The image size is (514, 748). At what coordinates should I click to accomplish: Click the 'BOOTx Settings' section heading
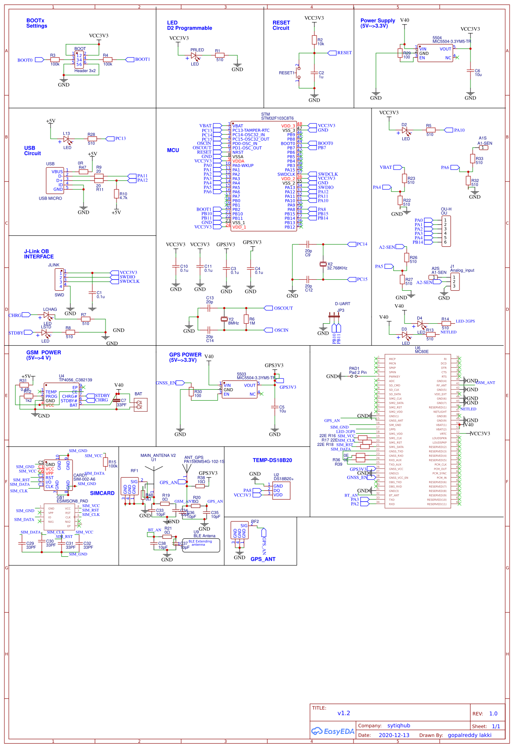coord(36,23)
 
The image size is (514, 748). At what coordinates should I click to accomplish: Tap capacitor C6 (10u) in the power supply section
coord(470,73)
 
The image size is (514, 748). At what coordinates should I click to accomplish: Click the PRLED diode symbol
coord(193,56)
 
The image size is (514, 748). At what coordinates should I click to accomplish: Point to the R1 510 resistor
coord(219,55)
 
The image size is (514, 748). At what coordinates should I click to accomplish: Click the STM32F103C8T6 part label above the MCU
coord(277,118)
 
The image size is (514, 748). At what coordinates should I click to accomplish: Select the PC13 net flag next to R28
coord(120,139)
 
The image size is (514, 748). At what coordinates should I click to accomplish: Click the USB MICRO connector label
coord(50,198)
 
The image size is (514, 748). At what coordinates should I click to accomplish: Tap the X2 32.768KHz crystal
coord(323,264)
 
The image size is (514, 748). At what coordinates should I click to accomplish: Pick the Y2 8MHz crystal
coord(224,319)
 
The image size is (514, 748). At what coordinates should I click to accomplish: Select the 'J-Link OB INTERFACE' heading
coord(39,254)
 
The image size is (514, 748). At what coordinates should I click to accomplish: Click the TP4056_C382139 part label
coord(75,380)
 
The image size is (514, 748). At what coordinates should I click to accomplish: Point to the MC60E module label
coord(421,351)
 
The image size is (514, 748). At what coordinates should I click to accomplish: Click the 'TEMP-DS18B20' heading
coord(272,460)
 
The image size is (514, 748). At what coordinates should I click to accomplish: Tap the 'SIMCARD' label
coord(102,493)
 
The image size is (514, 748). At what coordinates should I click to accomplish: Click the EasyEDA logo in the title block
coord(333,731)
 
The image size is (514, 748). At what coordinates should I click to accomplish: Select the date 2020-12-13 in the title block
coord(394,735)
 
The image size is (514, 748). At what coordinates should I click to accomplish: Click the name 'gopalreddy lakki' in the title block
coord(469,735)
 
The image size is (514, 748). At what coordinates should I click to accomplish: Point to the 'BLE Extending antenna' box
coord(201,545)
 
